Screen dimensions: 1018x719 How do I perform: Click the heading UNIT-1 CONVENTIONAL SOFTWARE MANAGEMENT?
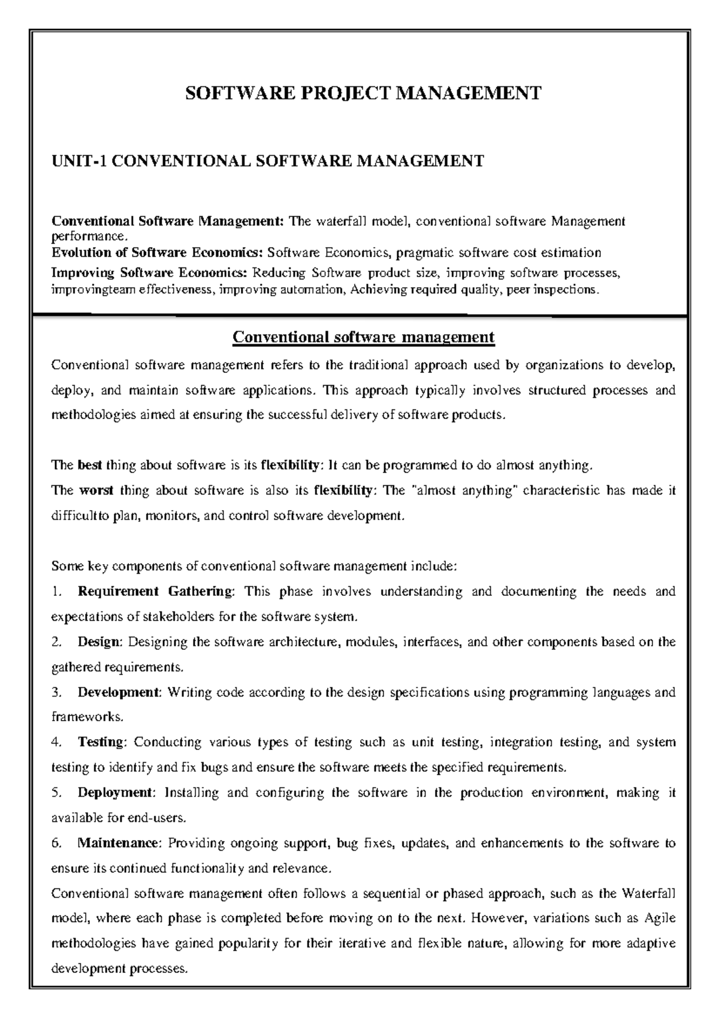point(268,161)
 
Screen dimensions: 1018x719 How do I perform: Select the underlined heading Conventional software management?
point(363,337)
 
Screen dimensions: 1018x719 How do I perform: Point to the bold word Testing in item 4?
point(101,742)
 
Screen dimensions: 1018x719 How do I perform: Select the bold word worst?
point(96,490)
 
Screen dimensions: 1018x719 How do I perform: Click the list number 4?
point(56,742)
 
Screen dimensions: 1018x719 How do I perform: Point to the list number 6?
point(56,843)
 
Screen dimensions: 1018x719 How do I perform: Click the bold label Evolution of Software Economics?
point(158,252)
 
